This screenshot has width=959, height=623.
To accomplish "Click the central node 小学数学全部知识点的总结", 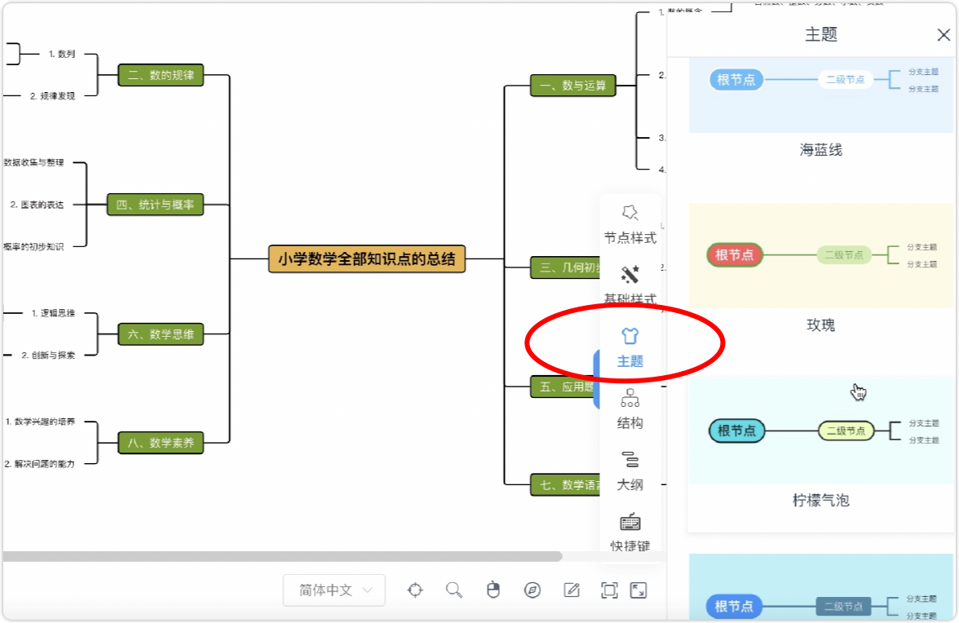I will click(367, 259).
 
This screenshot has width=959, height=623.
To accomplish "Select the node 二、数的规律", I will click(161, 75).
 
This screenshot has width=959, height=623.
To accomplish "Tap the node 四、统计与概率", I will click(155, 205).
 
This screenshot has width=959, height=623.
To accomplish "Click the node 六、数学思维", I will click(161, 334).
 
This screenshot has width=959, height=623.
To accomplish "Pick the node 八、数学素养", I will click(161, 443).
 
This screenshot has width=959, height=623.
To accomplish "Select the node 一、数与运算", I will click(573, 85).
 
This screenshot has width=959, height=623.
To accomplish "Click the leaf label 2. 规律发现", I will click(52, 95).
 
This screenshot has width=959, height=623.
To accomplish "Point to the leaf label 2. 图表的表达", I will click(37, 205).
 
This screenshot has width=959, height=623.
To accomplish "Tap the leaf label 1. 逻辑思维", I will click(53, 312).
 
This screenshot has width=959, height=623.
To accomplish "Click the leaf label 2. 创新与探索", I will click(48, 355).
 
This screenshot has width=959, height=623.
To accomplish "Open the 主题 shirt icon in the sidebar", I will click(630, 336).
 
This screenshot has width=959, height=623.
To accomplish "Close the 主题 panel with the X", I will click(944, 35).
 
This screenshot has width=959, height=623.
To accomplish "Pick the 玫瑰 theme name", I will click(820, 325).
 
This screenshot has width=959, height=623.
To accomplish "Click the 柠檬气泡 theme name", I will click(820, 500).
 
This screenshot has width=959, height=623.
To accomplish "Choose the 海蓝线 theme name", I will click(820, 150).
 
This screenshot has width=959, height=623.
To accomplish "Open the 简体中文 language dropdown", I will click(334, 590).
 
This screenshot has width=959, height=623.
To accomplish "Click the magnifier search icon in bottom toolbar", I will click(454, 590).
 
